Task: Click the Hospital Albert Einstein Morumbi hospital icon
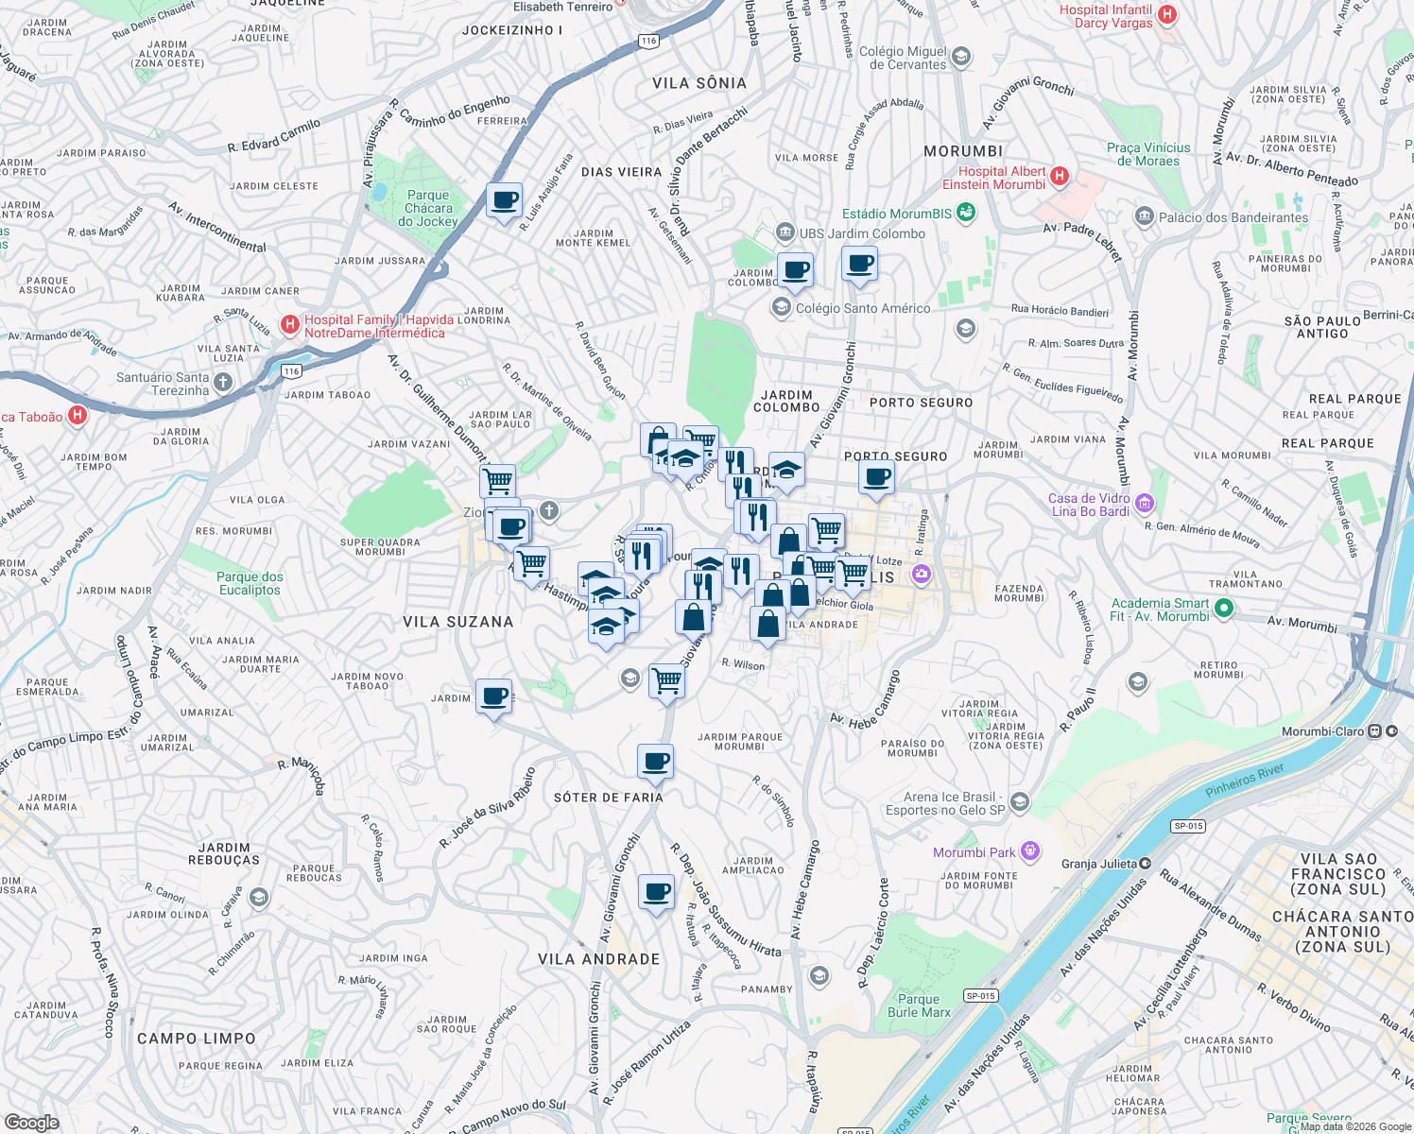[1060, 176]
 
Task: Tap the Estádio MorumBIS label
[897, 214]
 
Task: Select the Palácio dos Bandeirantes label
[1233, 217]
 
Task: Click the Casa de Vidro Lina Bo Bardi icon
[1145, 503]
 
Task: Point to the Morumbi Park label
[974, 852]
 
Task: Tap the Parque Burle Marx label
[919, 1005]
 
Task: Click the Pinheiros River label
[1245, 781]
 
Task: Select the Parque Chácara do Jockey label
[428, 208]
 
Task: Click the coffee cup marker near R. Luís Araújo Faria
[505, 201]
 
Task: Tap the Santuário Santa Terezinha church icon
[223, 382]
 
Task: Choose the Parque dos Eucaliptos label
[250, 583]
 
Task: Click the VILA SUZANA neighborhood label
[458, 622]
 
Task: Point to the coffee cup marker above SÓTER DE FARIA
[655, 762]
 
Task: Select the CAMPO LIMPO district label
[196, 1039]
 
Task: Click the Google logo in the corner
[31, 1122]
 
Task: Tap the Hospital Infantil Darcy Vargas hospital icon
[1167, 14]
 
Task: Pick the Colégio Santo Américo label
[862, 308]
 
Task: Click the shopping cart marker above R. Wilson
[667, 680]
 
